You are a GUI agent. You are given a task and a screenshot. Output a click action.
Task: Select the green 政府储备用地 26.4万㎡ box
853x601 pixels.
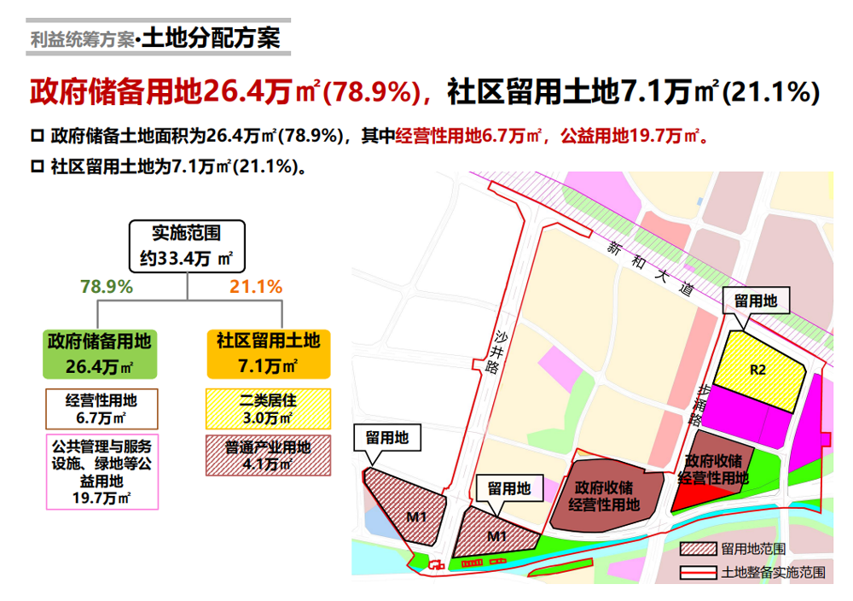coord(100,353)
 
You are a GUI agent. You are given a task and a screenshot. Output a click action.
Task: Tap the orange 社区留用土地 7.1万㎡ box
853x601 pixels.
coord(268,353)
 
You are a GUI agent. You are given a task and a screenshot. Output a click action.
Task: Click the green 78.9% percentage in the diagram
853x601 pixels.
coord(107,287)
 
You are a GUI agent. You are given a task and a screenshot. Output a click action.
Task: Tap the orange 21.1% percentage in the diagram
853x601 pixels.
coord(256,287)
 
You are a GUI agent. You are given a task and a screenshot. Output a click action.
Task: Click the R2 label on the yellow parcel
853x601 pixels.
coord(758,371)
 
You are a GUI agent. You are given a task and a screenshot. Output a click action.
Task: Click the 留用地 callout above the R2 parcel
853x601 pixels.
coord(756,300)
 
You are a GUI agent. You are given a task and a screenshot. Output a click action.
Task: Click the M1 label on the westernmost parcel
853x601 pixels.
coord(415,516)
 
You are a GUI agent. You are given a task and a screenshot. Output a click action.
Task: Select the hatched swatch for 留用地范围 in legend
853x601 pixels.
coord(698,548)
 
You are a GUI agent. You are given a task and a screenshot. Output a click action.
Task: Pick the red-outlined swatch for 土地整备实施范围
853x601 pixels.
coord(698,573)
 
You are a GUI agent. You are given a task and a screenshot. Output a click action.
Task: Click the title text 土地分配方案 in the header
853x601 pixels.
coord(211,38)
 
